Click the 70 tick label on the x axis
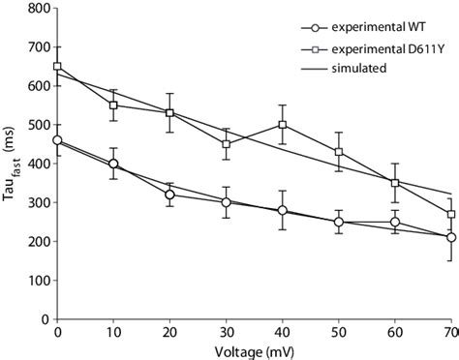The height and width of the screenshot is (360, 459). point(450,330)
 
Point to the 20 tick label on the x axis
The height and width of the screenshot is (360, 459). point(169,330)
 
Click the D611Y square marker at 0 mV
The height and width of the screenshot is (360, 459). point(57,67)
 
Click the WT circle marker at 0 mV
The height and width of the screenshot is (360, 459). point(57,140)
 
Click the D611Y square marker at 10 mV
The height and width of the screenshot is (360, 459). point(113,105)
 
